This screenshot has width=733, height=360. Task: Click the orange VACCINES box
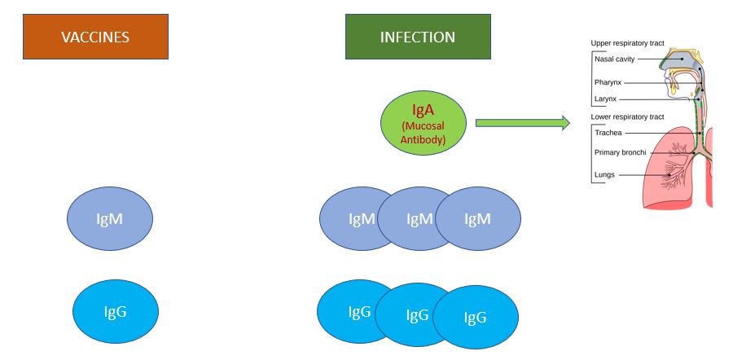click(95, 37)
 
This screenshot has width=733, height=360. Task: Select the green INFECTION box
click(418, 37)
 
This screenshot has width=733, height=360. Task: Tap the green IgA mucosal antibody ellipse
click(424, 123)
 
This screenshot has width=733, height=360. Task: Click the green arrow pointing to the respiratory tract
click(522, 123)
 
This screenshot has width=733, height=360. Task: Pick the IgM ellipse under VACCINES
click(110, 219)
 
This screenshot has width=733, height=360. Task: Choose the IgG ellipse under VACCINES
click(116, 310)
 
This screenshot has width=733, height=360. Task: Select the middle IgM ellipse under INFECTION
click(419, 219)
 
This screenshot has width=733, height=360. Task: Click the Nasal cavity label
click(614, 59)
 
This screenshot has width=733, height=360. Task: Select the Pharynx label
click(609, 82)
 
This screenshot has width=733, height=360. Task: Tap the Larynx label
click(606, 98)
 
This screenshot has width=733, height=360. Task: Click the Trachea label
click(608, 133)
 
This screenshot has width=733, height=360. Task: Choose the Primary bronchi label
click(620, 152)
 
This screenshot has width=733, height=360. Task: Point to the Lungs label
click(605, 174)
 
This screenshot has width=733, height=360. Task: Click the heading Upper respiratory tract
click(627, 43)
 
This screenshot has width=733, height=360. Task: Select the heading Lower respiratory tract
click(628, 117)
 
